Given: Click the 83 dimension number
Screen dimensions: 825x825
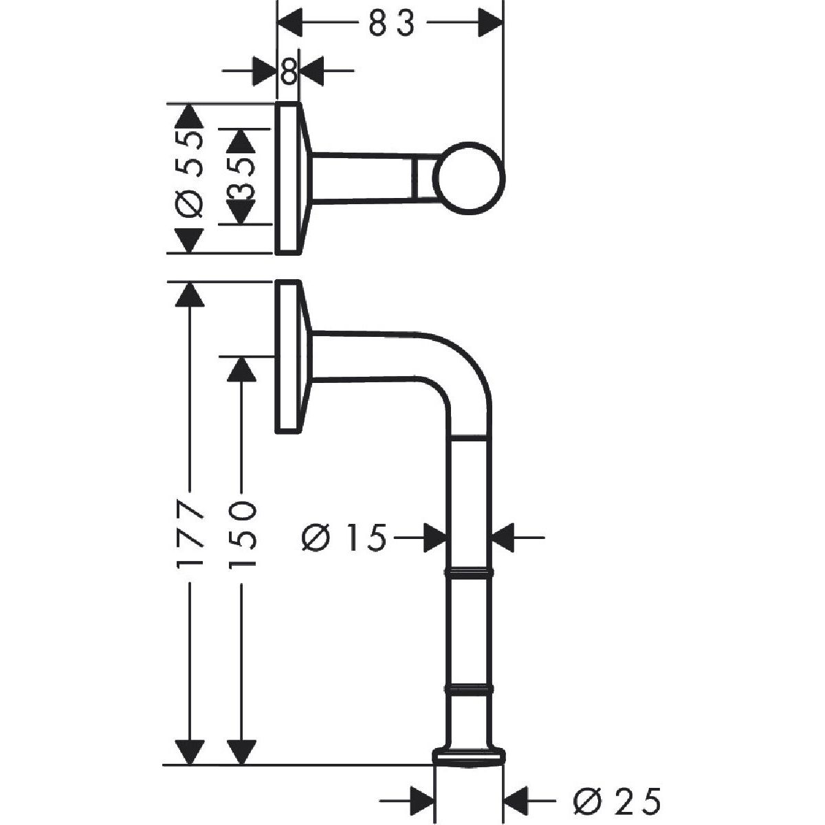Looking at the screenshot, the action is [x=391, y=23].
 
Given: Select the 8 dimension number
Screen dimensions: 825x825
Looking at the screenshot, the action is [x=289, y=71].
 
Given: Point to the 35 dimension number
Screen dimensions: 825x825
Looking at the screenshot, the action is [x=241, y=177].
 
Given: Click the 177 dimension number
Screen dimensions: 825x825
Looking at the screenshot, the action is [x=189, y=533].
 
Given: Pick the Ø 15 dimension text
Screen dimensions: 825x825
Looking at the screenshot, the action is [x=344, y=538].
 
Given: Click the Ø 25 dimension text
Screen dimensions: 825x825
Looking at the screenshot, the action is [x=617, y=801].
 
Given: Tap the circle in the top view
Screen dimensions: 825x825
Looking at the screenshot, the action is [x=469, y=178].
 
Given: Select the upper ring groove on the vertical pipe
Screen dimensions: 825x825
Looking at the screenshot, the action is [x=470, y=573].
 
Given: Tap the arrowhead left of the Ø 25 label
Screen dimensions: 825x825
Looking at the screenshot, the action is [x=422, y=800].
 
